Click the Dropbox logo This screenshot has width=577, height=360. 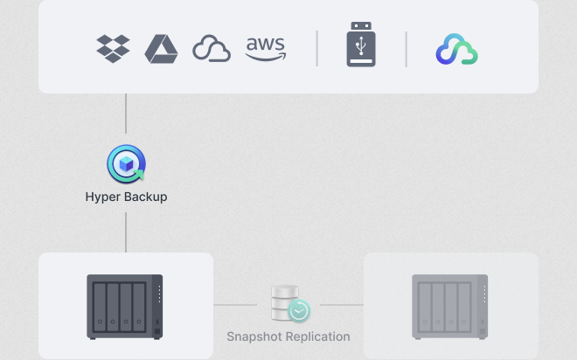tap(113, 49)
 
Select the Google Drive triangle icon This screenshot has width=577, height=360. tap(161, 49)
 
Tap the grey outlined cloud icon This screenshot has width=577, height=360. tap(212, 49)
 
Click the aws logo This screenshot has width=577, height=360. tap(266, 49)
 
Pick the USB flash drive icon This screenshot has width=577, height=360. tap(361, 45)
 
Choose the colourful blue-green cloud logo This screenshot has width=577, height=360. tap(457, 49)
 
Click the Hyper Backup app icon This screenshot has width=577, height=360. tap(126, 163)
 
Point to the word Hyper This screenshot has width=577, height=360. tap(101, 197)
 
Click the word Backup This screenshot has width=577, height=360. tap(144, 197)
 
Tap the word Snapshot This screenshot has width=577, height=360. tap(254, 336)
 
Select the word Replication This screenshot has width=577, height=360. tap(318, 336)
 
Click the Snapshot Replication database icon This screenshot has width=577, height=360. tap(291, 304)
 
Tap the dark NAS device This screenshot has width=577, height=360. tap(125, 307)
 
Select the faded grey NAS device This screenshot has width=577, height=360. tap(449, 307)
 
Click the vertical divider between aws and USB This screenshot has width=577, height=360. tap(316, 49)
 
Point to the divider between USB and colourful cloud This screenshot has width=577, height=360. tap(406, 49)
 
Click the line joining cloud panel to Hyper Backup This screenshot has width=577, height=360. tap(126, 114)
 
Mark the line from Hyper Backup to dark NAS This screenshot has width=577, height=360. tap(126, 232)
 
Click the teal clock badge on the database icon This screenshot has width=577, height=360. tap(299, 311)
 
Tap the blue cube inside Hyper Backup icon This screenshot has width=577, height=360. tap(126, 164)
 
